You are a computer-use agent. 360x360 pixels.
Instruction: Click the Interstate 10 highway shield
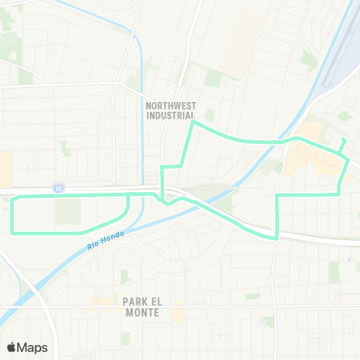[58, 187]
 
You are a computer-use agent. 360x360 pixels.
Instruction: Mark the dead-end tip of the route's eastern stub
[343, 140]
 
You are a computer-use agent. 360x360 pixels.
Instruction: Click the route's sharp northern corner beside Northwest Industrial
[193, 122]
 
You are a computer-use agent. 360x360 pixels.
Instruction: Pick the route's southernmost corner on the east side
[277, 238]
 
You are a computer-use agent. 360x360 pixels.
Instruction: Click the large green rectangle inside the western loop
[67, 211]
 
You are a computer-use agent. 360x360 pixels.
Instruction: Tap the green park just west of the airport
[308, 59]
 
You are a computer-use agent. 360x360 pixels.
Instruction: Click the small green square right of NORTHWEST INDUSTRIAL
[209, 115]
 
